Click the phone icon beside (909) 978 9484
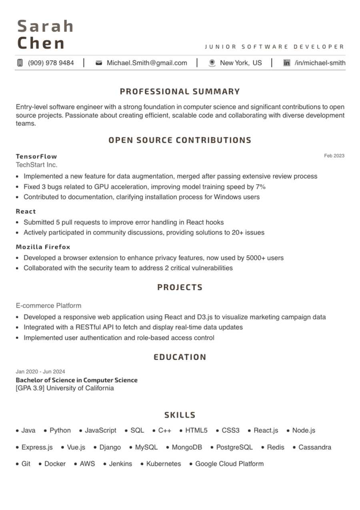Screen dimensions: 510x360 [x=20, y=63]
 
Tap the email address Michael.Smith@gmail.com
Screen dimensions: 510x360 [x=146, y=63]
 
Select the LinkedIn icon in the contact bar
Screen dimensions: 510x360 [x=286, y=63]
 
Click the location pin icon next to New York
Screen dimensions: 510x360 [x=212, y=63]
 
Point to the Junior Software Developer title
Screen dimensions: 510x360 [x=274, y=47]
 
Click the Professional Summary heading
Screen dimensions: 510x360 [x=180, y=92]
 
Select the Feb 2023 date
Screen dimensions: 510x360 [x=334, y=156]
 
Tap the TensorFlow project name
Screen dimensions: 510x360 [x=36, y=156]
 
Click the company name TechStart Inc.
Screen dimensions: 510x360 [x=36, y=165]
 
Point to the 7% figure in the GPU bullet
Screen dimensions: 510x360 [x=260, y=187]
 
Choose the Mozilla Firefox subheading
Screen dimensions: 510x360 [x=43, y=247]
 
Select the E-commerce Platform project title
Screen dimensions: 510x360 [x=48, y=305]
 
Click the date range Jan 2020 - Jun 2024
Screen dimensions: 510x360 [x=40, y=371]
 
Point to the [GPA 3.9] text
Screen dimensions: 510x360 [x=30, y=388]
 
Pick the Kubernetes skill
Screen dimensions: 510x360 [x=163, y=464]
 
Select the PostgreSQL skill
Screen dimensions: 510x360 [x=234, y=447]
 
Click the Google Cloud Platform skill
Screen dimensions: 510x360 [x=229, y=464]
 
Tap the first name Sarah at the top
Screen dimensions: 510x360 [x=46, y=26]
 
